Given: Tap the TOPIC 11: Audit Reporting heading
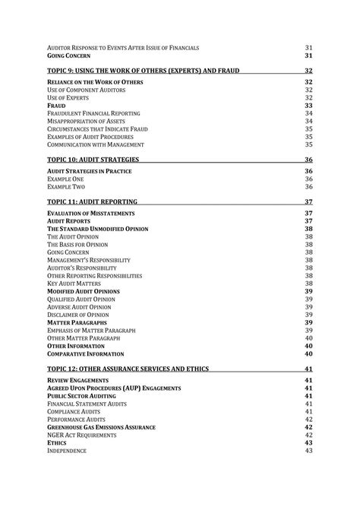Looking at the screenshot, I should [92, 202].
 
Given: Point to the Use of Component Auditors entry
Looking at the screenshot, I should [87, 89].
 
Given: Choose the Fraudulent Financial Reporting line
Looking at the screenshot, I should [93, 112].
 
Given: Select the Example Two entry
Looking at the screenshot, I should [66, 186].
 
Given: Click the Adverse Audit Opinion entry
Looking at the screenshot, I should [81, 307].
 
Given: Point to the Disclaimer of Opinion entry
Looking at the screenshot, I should [79, 315].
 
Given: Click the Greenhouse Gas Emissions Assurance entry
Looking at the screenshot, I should [101, 427].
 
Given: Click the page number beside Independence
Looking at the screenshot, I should [309, 451].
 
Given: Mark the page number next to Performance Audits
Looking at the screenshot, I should [309, 419].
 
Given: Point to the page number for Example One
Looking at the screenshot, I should [309, 179].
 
